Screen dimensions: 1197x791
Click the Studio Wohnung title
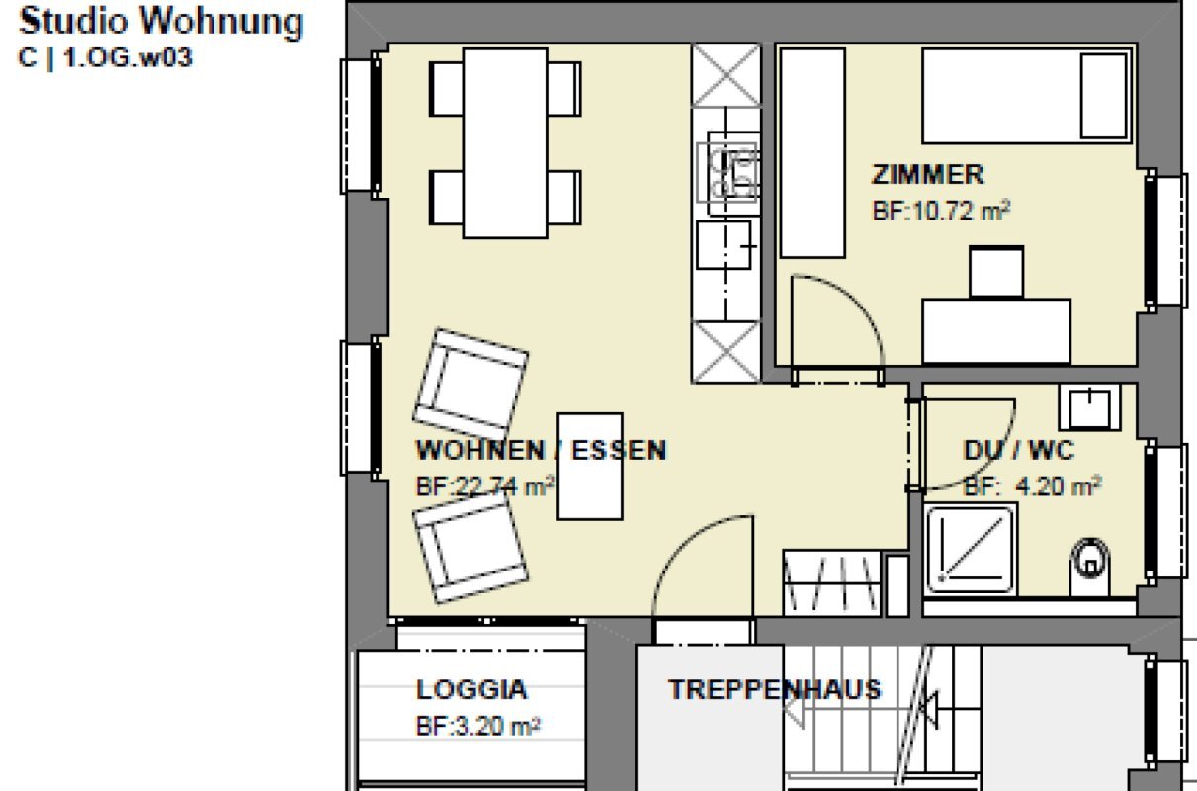pos(161,23)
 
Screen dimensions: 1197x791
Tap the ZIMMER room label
pos(928,175)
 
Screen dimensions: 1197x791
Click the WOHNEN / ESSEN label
pos(542,450)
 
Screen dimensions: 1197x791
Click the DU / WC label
pos(1018,450)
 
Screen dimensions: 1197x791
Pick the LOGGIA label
pos(471,689)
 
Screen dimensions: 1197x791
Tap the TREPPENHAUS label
pos(775,689)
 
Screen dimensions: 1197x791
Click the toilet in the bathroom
pos(1090,568)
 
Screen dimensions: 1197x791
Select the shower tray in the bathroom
pos(970,550)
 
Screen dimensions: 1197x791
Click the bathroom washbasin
pos(1090,407)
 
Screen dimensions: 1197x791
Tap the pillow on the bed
pos(1104,96)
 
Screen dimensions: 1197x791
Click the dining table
pos(505,143)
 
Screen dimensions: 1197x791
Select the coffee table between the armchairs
pos(590,466)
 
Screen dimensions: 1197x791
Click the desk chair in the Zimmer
pos(996,272)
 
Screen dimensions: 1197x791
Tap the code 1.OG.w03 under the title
pos(128,57)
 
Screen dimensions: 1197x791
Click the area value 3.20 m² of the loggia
pos(478,727)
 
